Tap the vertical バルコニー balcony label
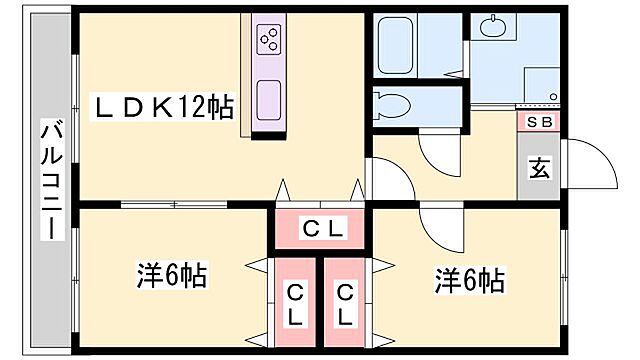48,181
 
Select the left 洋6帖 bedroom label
171,274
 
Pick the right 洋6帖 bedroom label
468,279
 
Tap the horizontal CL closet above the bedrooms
323,229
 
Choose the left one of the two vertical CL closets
295,304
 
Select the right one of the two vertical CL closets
345,304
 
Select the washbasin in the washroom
492,28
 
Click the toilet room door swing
436,150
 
